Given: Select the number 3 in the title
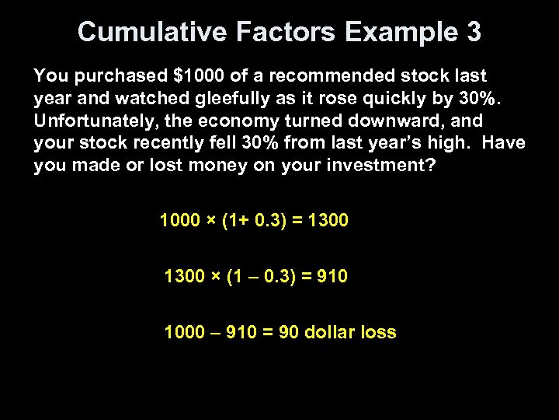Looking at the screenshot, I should (x=473, y=33).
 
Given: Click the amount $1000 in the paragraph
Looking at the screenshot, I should (x=203, y=76).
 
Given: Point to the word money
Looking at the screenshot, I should (x=210, y=166).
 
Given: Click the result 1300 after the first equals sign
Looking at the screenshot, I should (x=328, y=221).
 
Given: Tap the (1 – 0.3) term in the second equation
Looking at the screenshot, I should (x=260, y=276).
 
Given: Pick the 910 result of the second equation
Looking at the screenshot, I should (x=333, y=276).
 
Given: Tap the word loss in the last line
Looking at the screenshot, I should (x=380, y=333).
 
